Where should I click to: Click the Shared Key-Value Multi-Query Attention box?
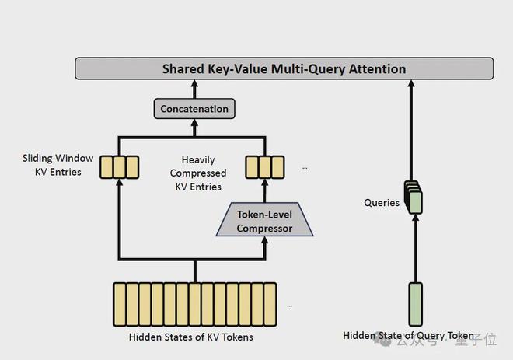coord(284,68)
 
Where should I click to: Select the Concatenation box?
coord(194,109)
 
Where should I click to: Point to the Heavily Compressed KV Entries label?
coord(198,173)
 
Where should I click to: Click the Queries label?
coord(382,203)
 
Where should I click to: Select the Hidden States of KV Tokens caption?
coord(190,337)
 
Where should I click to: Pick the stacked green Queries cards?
coord(414,197)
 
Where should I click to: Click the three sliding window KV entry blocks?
coord(120,166)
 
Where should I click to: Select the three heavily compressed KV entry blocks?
coord(264,166)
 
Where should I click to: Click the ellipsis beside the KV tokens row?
coord(289,306)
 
